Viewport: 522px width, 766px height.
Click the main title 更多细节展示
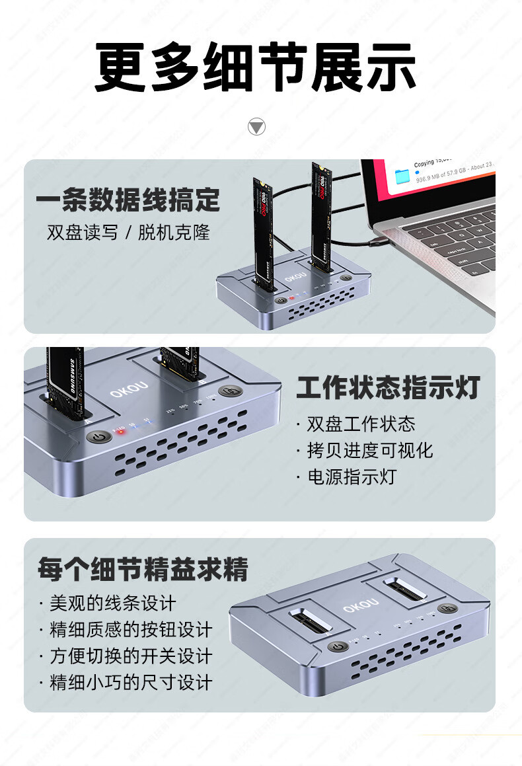pos(256,67)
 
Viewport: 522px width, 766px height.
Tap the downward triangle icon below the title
pos(256,126)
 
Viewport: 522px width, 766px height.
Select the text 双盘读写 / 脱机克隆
pos(128,233)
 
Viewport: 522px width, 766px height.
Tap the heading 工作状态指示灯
pos(388,389)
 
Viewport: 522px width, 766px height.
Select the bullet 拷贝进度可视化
pos(369,450)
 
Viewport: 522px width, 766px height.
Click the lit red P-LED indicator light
pos(120,430)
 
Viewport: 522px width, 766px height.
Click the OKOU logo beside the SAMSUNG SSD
pos(129,391)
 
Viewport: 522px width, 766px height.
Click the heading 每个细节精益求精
pos(143,569)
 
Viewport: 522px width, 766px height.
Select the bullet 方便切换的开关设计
pos(131,656)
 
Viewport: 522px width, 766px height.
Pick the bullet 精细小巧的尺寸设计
pos(131,683)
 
